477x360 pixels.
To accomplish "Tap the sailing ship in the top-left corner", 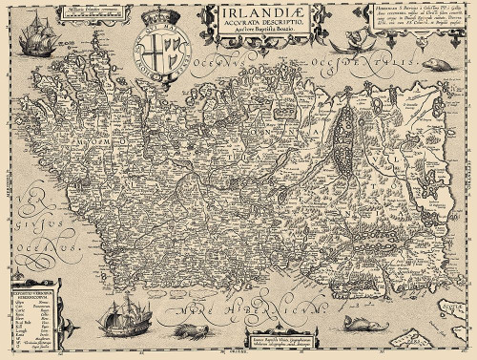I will [x=25, y=37].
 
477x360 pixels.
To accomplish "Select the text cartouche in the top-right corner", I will [x=418, y=25].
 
